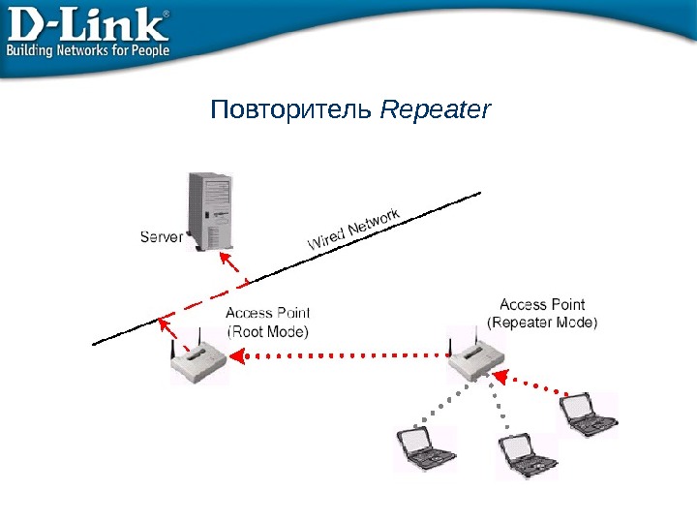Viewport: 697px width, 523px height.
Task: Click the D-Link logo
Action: point(87,25)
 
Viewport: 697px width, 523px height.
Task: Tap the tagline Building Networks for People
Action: point(89,50)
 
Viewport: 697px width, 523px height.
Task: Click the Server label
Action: point(162,235)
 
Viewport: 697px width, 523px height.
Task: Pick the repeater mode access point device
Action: point(477,360)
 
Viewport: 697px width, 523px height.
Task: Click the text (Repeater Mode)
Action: point(542,323)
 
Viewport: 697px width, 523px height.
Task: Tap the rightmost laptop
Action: point(590,415)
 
